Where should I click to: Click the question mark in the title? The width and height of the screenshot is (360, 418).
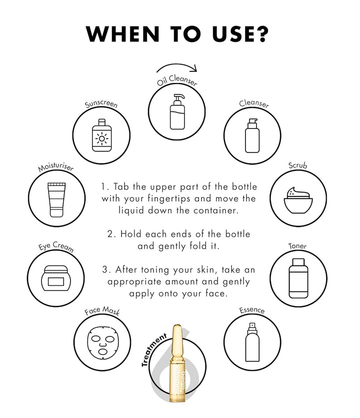(x=258, y=34)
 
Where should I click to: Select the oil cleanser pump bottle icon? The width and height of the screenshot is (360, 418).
(x=177, y=111)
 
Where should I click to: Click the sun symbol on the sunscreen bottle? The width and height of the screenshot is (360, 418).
(x=102, y=138)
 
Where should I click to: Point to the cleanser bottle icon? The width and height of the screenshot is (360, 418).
(x=252, y=135)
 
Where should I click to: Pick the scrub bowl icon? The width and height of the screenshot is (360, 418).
(x=298, y=200)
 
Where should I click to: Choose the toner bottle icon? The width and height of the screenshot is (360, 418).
(x=298, y=278)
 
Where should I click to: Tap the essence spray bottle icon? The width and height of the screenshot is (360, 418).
(x=252, y=342)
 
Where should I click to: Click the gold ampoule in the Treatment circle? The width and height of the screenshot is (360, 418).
(x=177, y=363)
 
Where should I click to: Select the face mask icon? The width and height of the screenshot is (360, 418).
(x=102, y=342)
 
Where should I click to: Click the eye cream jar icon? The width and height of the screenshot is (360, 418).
(x=56, y=278)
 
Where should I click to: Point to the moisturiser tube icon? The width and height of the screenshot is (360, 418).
(x=56, y=199)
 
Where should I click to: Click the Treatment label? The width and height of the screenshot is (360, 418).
(x=153, y=349)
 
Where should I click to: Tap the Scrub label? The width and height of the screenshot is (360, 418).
(x=297, y=165)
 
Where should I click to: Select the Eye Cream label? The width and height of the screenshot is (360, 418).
(x=56, y=246)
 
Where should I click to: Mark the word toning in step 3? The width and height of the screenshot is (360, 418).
(x=155, y=270)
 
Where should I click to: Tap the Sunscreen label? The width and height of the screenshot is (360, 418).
(x=101, y=104)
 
